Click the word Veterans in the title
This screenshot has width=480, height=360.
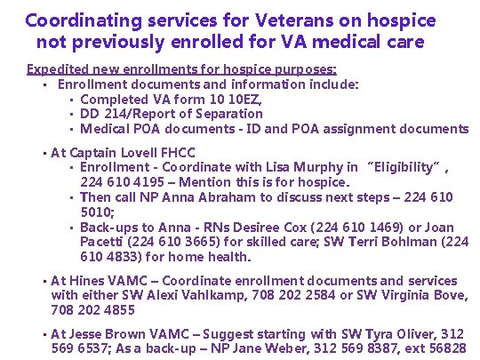coord(260,20)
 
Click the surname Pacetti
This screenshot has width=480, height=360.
coord(103,243)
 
